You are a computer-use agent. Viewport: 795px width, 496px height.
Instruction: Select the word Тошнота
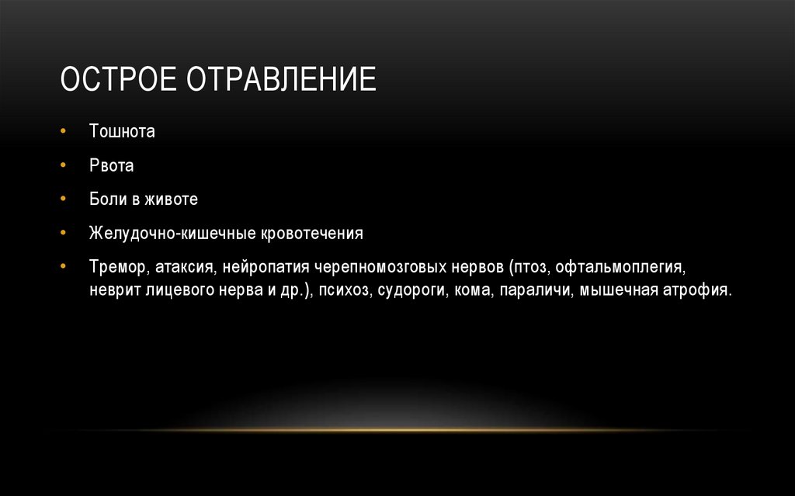coord(122,131)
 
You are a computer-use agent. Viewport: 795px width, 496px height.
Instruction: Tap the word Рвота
coord(112,165)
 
